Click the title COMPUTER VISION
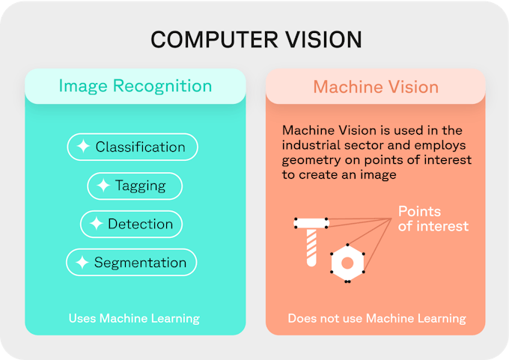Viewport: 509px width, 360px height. [256, 40]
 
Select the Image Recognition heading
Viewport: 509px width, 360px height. [135, 86]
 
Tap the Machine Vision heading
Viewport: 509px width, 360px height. [376, 87]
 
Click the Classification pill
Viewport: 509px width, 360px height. [132, 147]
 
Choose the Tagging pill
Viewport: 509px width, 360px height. [135, 186]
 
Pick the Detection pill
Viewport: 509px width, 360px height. [131, 224]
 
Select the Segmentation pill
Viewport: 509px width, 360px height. [131, 262]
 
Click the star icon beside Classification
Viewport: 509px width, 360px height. [83, 146]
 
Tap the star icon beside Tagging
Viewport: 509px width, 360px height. [103, 186]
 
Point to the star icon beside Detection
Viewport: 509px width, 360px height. [96, 223]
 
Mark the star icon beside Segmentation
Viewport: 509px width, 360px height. [82, 262]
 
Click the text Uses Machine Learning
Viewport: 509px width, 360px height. [134, 318]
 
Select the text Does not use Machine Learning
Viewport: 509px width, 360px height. [377, 318]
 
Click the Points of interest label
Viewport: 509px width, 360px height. [433, 219]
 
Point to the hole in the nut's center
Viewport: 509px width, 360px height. [347, 263]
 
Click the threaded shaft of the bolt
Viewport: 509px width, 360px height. [311, 248]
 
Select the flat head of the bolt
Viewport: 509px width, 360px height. [311, 223]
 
